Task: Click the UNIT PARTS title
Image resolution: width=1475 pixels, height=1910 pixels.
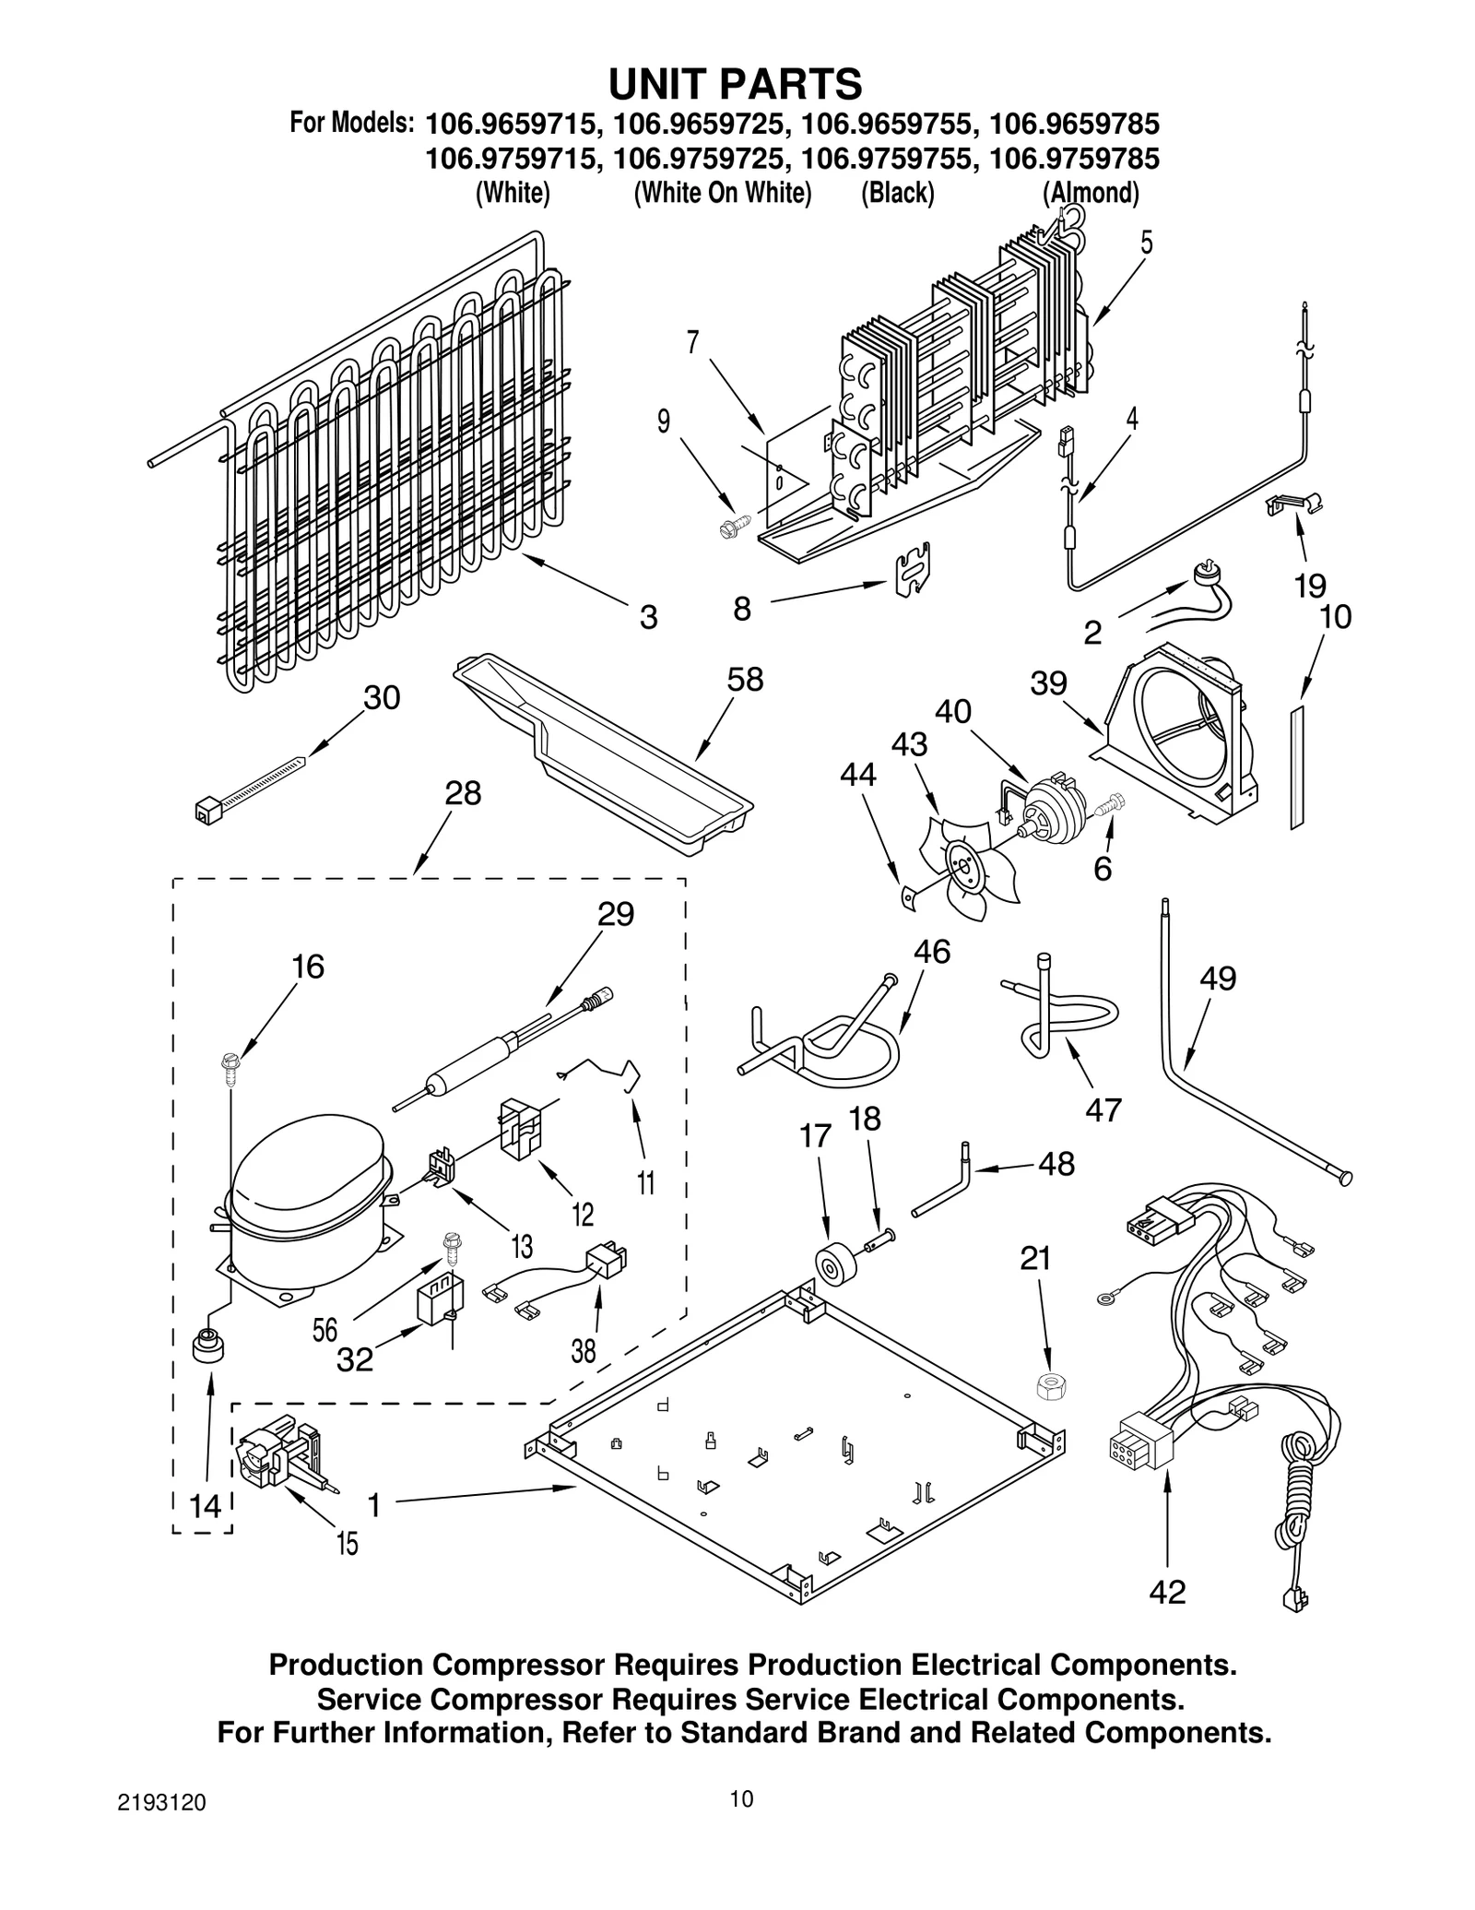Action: pos(735,84)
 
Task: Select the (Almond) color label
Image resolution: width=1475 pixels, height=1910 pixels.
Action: pos(1091,193)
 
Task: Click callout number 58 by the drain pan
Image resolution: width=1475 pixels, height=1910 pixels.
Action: pos(745,680)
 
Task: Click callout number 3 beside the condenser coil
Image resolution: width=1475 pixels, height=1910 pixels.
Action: pos(648,617)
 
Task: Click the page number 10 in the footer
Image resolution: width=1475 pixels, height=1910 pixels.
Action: pos(741,1797)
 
